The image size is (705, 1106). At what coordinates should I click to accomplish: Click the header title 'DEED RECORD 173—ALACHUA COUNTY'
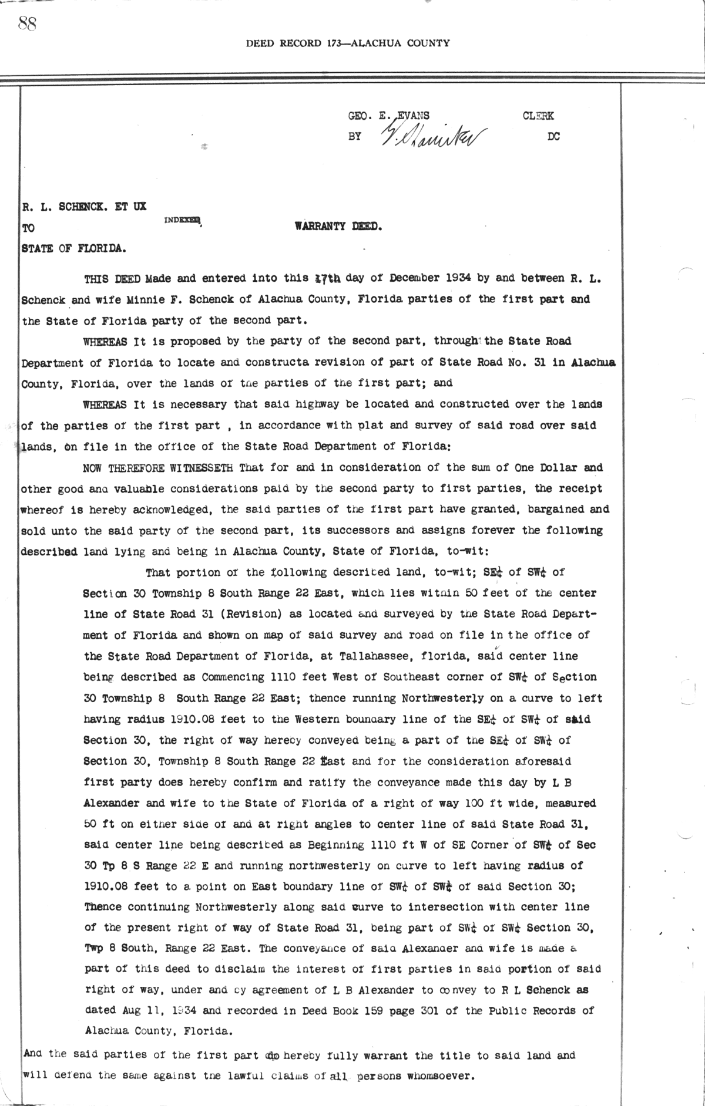[x=348, y=43]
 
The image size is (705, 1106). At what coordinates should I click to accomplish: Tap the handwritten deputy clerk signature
[x=434, y=137]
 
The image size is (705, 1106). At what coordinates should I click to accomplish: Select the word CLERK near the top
[x=538, y=116]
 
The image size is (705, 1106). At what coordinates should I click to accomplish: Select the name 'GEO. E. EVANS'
[x=389, y=116]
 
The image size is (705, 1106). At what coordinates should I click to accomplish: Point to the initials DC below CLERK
[x=553, y=137]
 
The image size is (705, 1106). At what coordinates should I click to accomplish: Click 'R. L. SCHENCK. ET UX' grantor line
[x=83, y=207]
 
